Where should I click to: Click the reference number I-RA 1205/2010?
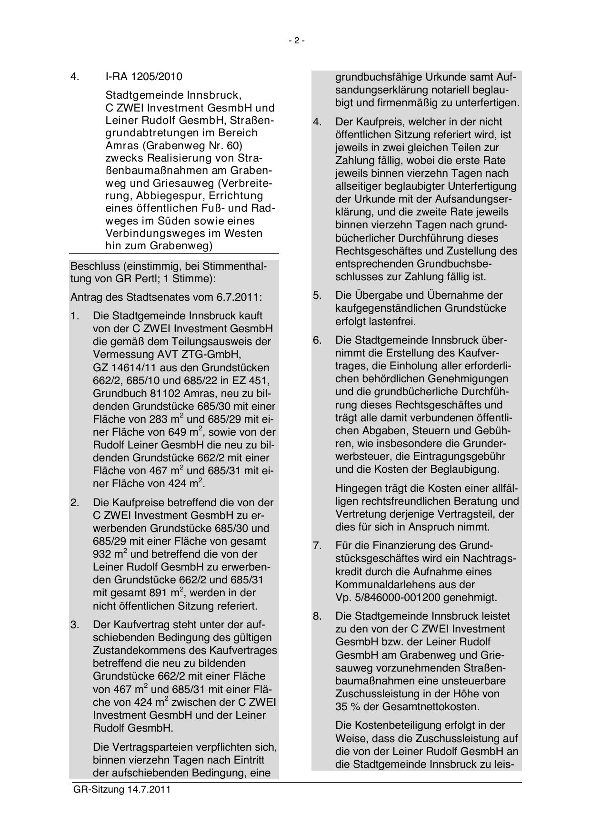click(144, 77)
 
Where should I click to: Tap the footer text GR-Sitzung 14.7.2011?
click(122, 789)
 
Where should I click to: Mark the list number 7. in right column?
click(318, 546)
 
